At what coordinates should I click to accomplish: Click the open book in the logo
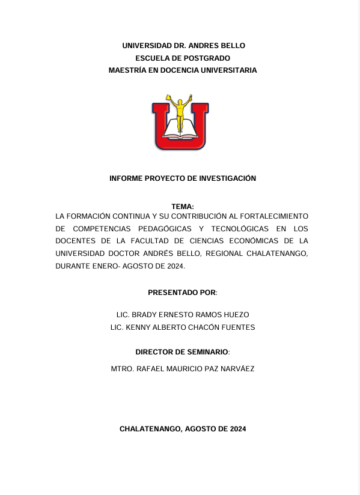[x=180, y=127]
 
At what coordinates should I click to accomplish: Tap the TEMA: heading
[x=183, y=207]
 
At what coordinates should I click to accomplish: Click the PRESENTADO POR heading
[x=182, y=293]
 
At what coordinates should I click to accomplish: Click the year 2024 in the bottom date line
[x=236, y=429]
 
